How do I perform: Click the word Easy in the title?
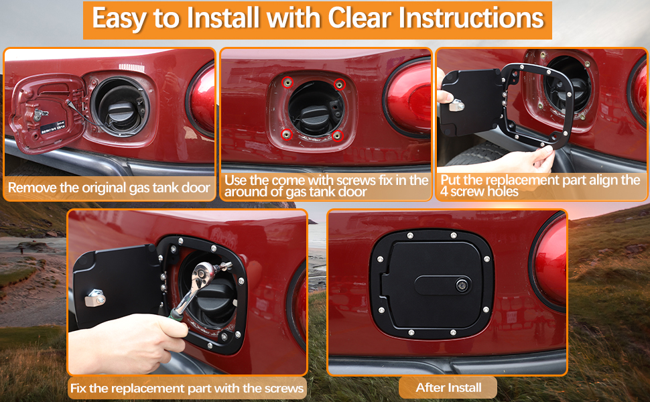(119, 19)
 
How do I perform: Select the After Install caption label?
(448, 387)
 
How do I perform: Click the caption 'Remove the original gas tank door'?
(109, 188)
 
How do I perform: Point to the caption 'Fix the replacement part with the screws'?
(187, 387)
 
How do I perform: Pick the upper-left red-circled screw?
(287, 82)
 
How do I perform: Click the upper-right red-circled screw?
(340, 84)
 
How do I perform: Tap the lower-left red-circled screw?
(287, 134)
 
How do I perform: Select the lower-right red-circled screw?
(338, 135)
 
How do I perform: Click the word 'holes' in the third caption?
(503, 192)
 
